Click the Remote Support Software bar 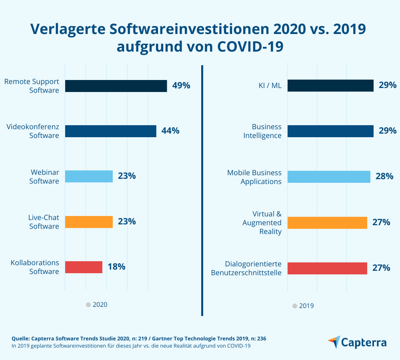point(116,86)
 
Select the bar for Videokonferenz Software point(110,131)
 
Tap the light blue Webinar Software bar point(89,176)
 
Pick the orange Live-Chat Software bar point(89,222)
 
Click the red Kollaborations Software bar point(84,267)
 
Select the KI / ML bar point(330,86)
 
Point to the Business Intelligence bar point(330,131)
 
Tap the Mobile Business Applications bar point(329,177)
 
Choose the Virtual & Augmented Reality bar point(327,222)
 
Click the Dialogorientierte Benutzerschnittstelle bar point(327,268)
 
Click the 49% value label point(181,86)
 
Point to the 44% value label point(170,131)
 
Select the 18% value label point(116,267)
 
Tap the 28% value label point(384,176)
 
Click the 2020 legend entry point(97,304)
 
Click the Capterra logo point(357,342)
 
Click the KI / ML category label point(270,86)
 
